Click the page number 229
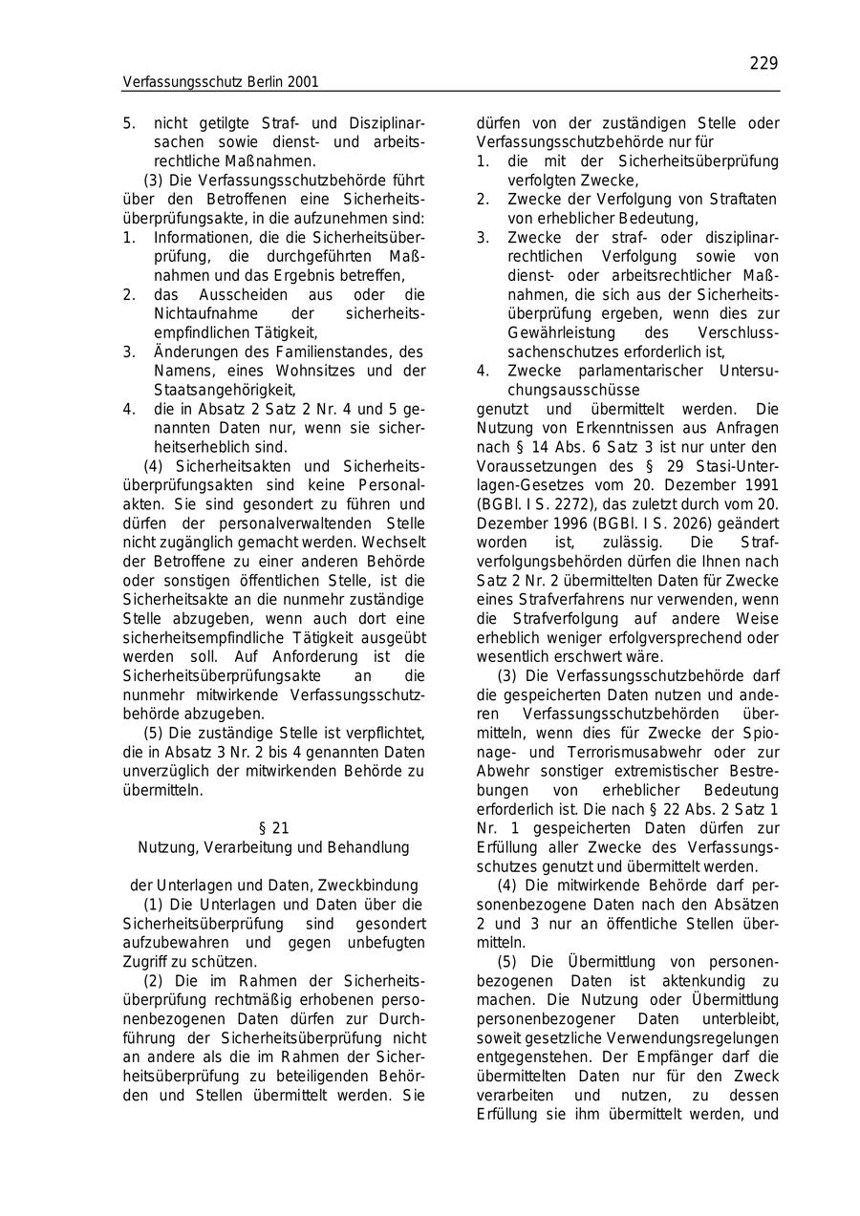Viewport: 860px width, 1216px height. (x=763, y=64)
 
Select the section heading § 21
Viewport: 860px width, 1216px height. (x=274, y=828)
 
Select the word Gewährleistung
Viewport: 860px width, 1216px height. (x=558, y=332)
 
